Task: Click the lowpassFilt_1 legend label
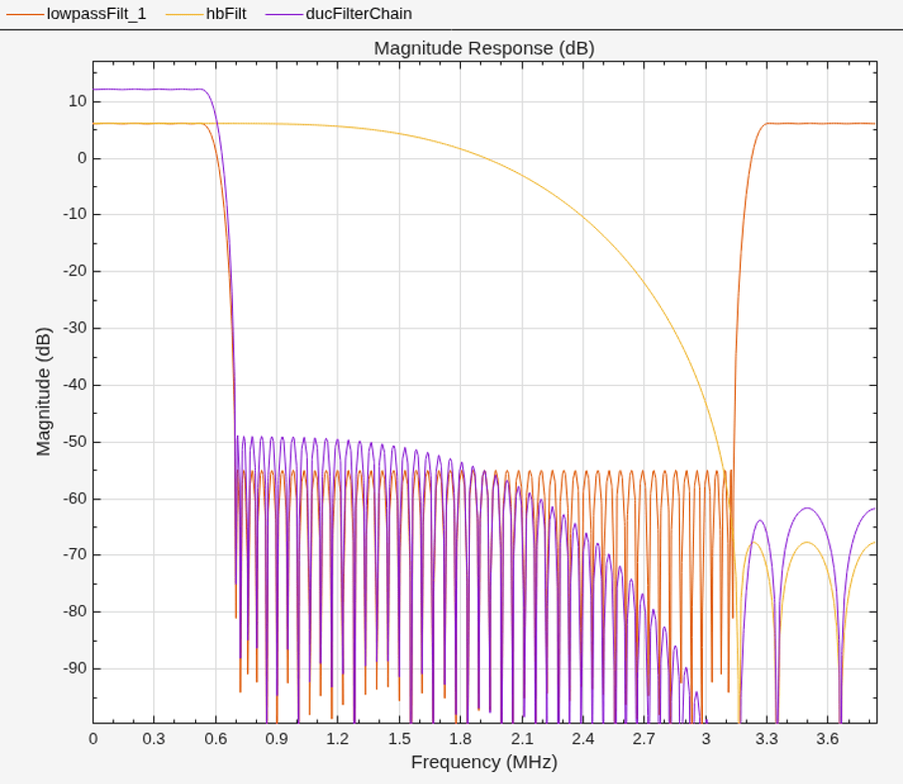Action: [x=97, y=14]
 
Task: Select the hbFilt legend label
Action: [x=226, y=14]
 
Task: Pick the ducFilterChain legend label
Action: [x=358, y=14]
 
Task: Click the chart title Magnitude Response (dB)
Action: [x=484, y=49]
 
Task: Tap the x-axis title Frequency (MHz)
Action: [x=484, y=762]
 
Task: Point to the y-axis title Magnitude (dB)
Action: [x=44, y=392]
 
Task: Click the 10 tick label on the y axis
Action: [x=78, y=101]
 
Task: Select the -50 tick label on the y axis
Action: [x=75, y=442]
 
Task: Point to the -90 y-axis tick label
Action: [x=75, y=669]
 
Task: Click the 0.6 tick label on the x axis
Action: [x=216, y=738]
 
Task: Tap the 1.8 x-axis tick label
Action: [x=461, y=738]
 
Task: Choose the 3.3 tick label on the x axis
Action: [x=767, y=738]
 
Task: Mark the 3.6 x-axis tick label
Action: [x=827, y=738]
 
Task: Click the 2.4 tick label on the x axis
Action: [x=582, y=738]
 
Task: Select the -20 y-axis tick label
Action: [x=75, y=272]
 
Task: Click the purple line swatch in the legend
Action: [x=284, y=14]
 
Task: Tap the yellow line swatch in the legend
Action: [x=184, y=14]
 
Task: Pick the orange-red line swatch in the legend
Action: [x=25, y=14]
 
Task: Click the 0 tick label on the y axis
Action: [x=83, y=158]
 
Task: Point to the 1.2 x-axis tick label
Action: [x=339, y=738]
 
